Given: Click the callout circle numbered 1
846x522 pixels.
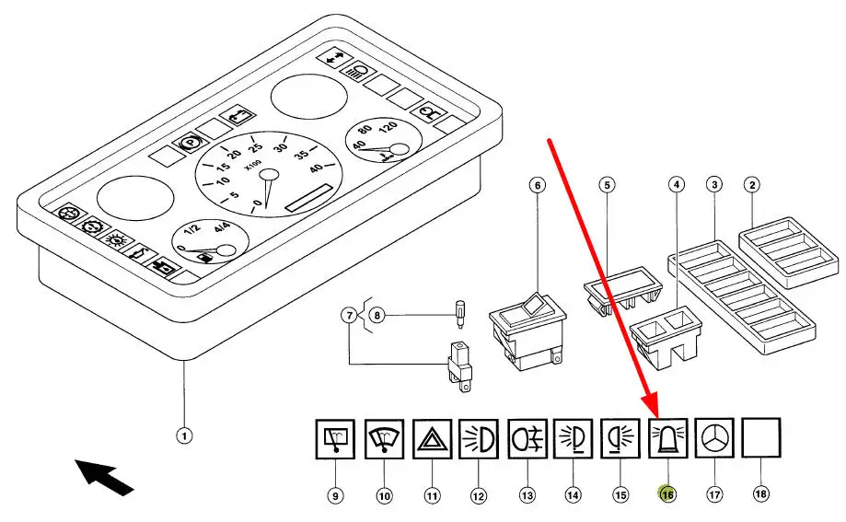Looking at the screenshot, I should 184,435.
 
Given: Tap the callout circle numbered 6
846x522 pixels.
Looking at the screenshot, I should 538,185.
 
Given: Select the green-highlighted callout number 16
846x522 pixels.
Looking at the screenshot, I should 666,494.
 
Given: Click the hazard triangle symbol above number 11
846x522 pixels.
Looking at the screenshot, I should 431,437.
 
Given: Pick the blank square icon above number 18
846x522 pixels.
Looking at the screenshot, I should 760,437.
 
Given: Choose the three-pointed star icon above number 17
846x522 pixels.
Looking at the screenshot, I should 713,437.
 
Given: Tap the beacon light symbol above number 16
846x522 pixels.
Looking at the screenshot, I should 666,437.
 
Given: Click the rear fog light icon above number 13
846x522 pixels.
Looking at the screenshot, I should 526,437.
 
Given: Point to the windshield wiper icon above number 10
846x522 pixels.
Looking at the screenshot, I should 384,437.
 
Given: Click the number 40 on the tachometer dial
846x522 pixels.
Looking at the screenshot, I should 316,168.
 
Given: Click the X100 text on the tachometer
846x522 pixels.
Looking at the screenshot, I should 252,168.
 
